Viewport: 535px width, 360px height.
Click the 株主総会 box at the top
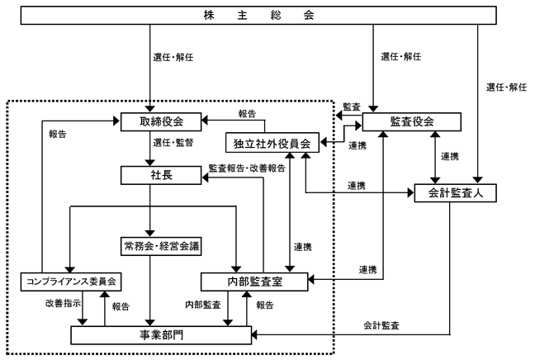[258, 16]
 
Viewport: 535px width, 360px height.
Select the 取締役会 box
[161, 122]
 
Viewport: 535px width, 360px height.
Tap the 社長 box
[161, 175]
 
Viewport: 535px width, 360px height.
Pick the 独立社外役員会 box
[272, 143]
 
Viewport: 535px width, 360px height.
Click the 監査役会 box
[411, 122]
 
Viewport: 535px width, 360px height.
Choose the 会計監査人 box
[455, 193]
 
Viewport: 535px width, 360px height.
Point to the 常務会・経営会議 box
[161, 246]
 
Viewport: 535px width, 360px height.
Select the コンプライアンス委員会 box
[71, 282]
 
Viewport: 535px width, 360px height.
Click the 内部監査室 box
[254, 282]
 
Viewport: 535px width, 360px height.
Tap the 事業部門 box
[161, 335]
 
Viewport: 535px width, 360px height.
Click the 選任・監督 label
[173, 143]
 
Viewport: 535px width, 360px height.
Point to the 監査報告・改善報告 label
[247, 168]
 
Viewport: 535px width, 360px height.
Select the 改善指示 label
[63, 303]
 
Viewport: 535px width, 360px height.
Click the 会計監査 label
[381, 325]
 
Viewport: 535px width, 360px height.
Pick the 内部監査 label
[203, 305]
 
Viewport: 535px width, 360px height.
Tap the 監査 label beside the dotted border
[352, 107]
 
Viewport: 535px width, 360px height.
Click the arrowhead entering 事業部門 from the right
[254, 334]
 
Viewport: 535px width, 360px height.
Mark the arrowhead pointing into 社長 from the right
[205, 178]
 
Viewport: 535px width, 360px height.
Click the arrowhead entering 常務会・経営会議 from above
[149, 234]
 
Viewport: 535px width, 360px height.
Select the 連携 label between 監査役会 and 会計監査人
[450, 157]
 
